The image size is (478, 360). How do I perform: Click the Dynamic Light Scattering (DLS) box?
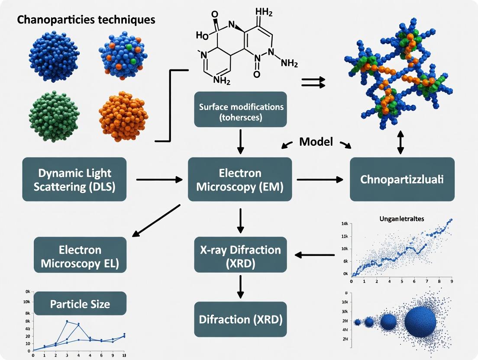coord(74,179)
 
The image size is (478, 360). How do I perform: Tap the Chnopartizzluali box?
coord(402,179)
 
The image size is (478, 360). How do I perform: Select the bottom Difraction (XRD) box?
coord(241,319)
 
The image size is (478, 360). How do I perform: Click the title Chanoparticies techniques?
coord(86,19)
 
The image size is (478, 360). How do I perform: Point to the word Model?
coord(316,141)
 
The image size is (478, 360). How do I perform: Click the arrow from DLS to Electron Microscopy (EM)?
coord(159,179)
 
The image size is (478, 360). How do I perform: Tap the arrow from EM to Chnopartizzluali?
coord(320,179)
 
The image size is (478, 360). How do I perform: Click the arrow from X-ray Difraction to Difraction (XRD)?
coord(241,286)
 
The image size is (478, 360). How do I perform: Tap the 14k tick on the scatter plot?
coord(345,224)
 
